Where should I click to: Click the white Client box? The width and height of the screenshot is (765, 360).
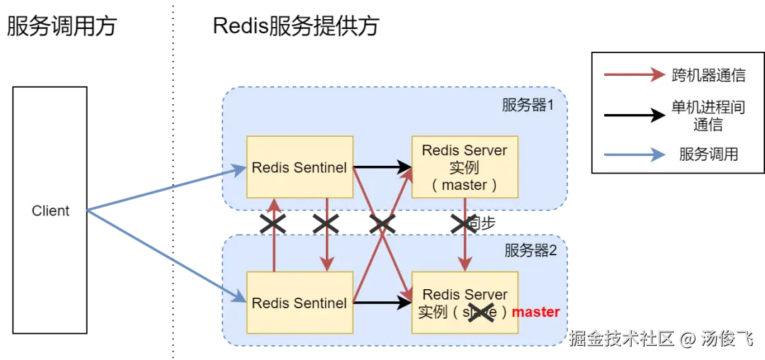(50, 210)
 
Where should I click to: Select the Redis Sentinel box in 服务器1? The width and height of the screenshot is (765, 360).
(300, 167)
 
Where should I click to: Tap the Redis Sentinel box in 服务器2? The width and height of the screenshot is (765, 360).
(300, 303)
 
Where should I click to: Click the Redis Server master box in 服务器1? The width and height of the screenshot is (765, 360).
(465, 167)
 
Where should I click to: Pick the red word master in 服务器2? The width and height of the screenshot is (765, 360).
(535, 312)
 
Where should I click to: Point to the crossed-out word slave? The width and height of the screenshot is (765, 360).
(480, 312)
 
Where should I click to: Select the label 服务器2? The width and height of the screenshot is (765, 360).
(531, 250)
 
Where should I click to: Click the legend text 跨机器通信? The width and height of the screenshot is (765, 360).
(708, 76)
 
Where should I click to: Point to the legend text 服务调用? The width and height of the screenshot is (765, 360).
(708, 154)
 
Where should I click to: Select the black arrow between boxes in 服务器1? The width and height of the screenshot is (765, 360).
(382, 167)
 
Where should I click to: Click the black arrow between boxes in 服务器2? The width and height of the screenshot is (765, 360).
(382, 303)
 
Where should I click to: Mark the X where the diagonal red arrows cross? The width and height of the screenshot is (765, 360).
(382, 224)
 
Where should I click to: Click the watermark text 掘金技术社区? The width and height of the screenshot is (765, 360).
(620, 338)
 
